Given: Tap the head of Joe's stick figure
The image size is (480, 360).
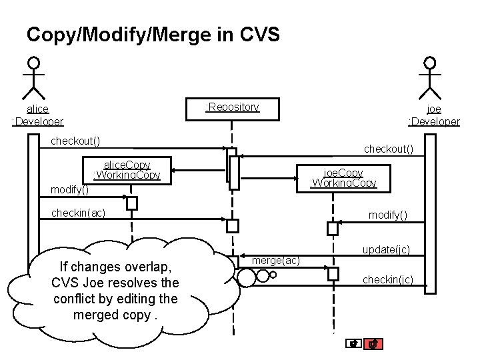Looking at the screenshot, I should (x=430, y=63).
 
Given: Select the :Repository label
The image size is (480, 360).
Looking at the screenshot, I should (x=232, y=107).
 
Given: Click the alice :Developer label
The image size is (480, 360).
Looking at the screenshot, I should (x=37, y=115).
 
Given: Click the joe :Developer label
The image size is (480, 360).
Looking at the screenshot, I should (x=434, y=115).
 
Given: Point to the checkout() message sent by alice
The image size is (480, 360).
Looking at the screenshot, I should (x=76, y=141).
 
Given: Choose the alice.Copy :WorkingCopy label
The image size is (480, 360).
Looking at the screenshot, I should (x=127, y=170).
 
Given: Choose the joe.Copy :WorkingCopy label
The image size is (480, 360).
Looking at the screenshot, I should (x=343, y=177).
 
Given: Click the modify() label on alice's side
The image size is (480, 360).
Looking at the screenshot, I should (x=70, y=190).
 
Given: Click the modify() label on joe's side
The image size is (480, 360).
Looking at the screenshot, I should (x=387, y=215).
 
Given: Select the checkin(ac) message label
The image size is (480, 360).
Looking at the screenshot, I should (x=78, y=213).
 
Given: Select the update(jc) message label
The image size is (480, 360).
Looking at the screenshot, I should (x=386, y=249).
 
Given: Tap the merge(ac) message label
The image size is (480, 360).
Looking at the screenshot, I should (x=276, y=259).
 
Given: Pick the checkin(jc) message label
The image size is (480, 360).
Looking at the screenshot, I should (x=387, y=280).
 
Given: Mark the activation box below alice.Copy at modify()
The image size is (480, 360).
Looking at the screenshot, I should (x=132, y=203).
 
